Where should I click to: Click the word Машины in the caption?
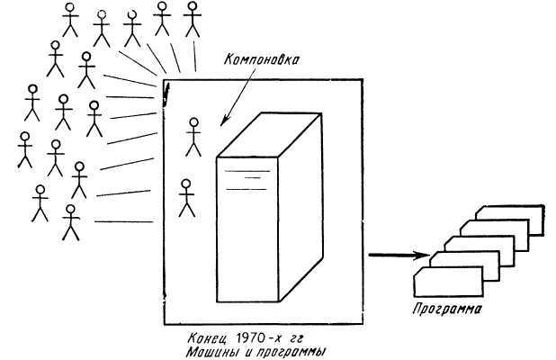(x=211, y=352)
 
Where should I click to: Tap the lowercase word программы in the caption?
(x=291, y=353)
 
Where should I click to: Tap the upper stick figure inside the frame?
(x=193, y=136)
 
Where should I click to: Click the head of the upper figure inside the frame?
(x=193, y=123)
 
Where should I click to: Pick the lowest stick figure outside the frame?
(x=70, y=223)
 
